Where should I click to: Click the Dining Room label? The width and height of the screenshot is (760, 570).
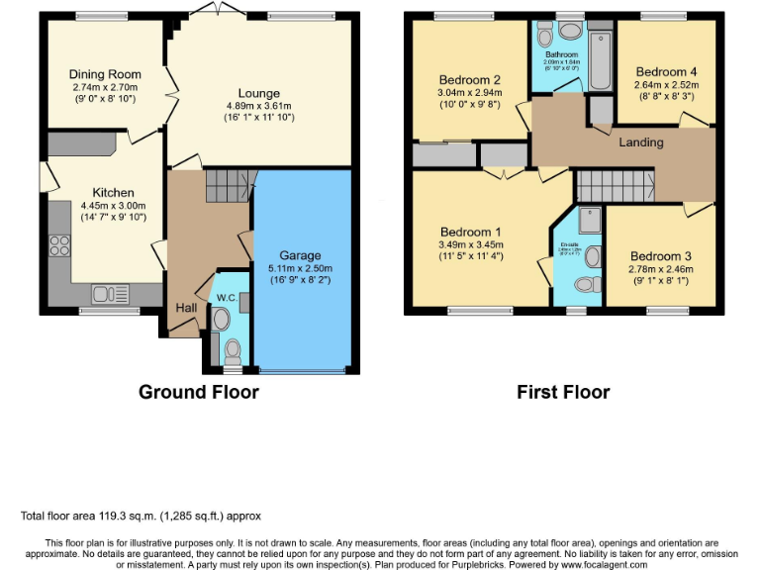tap(105, 74)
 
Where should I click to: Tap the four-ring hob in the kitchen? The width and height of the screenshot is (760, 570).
tap(57, 244)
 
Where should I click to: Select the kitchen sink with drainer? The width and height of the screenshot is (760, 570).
tap(104, 292)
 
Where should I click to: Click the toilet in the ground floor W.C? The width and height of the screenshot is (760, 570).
tap(232, 350)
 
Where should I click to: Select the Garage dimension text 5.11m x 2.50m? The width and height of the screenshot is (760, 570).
tap(301, 267)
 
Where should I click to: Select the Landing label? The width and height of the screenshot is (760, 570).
tap(641, 142)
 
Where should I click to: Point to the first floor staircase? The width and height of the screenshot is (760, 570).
tap(616, 184)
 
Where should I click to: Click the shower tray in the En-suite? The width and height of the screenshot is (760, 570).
tap(591, 220)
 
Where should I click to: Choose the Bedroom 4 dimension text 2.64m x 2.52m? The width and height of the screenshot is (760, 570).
tap(665, 85)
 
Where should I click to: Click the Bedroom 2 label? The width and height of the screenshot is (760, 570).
tap(469, 80)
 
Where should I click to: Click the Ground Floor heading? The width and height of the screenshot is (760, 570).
tap(198, 392)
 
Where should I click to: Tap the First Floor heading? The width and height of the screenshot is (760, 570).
tap(563, 392)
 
